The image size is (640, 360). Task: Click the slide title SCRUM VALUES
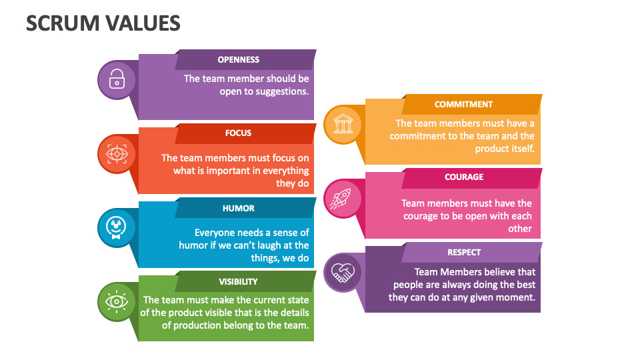click(x=103, y=23)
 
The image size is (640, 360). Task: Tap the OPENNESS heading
click(x=238, y=59)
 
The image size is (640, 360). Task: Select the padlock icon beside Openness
click(x=117, y=79)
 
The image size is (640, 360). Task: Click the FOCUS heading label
click(x=238, y=133)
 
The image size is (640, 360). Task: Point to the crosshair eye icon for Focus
click(x=117, y=154)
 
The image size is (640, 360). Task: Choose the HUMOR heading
click(x=238, y=208)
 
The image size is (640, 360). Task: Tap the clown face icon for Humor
click(x=117, y=227)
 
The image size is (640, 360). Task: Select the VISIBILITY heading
click(x=238, y=281)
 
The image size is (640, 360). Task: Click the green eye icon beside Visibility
click(x=117, y=301)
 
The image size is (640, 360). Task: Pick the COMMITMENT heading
click(x=463, y=104)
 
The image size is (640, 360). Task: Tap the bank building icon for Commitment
click(x=343, y=124)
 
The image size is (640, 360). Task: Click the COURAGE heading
click(x=464, y=177)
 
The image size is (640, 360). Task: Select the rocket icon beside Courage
click(x=343, y=197)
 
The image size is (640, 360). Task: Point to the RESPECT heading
click(x=464, y=252)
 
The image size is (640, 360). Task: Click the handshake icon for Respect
click(x=343, y=273)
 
